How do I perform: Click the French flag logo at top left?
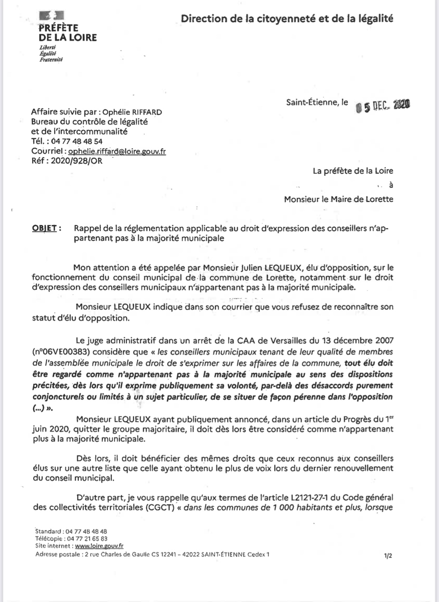52,16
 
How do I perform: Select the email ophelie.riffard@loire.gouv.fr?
117,151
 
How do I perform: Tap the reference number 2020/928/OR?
76,161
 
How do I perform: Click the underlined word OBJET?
44,228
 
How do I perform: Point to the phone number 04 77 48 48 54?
77,141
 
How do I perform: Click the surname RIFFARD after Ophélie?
147,113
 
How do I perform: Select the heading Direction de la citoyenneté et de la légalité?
287,18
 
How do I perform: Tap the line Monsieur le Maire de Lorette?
338,199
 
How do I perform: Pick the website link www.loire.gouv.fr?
99,546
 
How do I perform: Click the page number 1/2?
388,556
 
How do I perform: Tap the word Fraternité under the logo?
51,60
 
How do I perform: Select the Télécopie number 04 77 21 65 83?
87,539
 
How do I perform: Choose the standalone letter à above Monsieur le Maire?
391,185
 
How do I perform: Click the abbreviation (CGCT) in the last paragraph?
160,508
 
